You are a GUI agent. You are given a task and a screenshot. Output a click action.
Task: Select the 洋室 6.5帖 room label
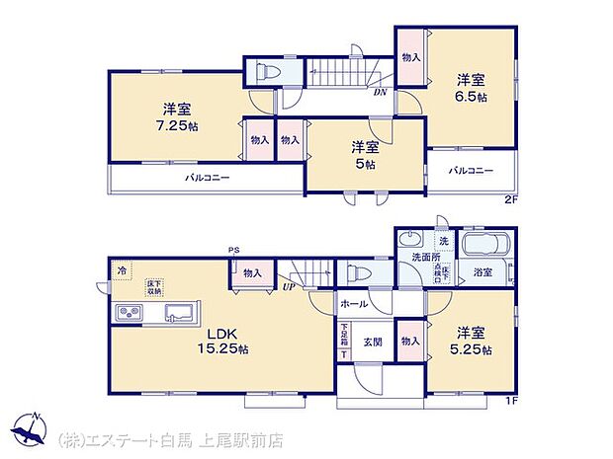click(471, 88)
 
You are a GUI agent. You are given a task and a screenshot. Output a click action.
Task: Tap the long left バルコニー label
click(207, 179)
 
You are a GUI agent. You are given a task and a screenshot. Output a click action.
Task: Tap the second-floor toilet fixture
click(266, 71)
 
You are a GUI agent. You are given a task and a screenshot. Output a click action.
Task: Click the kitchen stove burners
click(131, 314)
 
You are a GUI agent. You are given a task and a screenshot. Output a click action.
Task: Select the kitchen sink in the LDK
click(179, 314)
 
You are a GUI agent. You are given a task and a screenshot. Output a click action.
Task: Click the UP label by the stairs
click(289, 286)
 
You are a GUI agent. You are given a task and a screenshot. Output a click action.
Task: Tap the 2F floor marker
click(511, 200)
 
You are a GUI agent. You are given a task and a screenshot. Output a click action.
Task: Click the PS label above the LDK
click(233, 250)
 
